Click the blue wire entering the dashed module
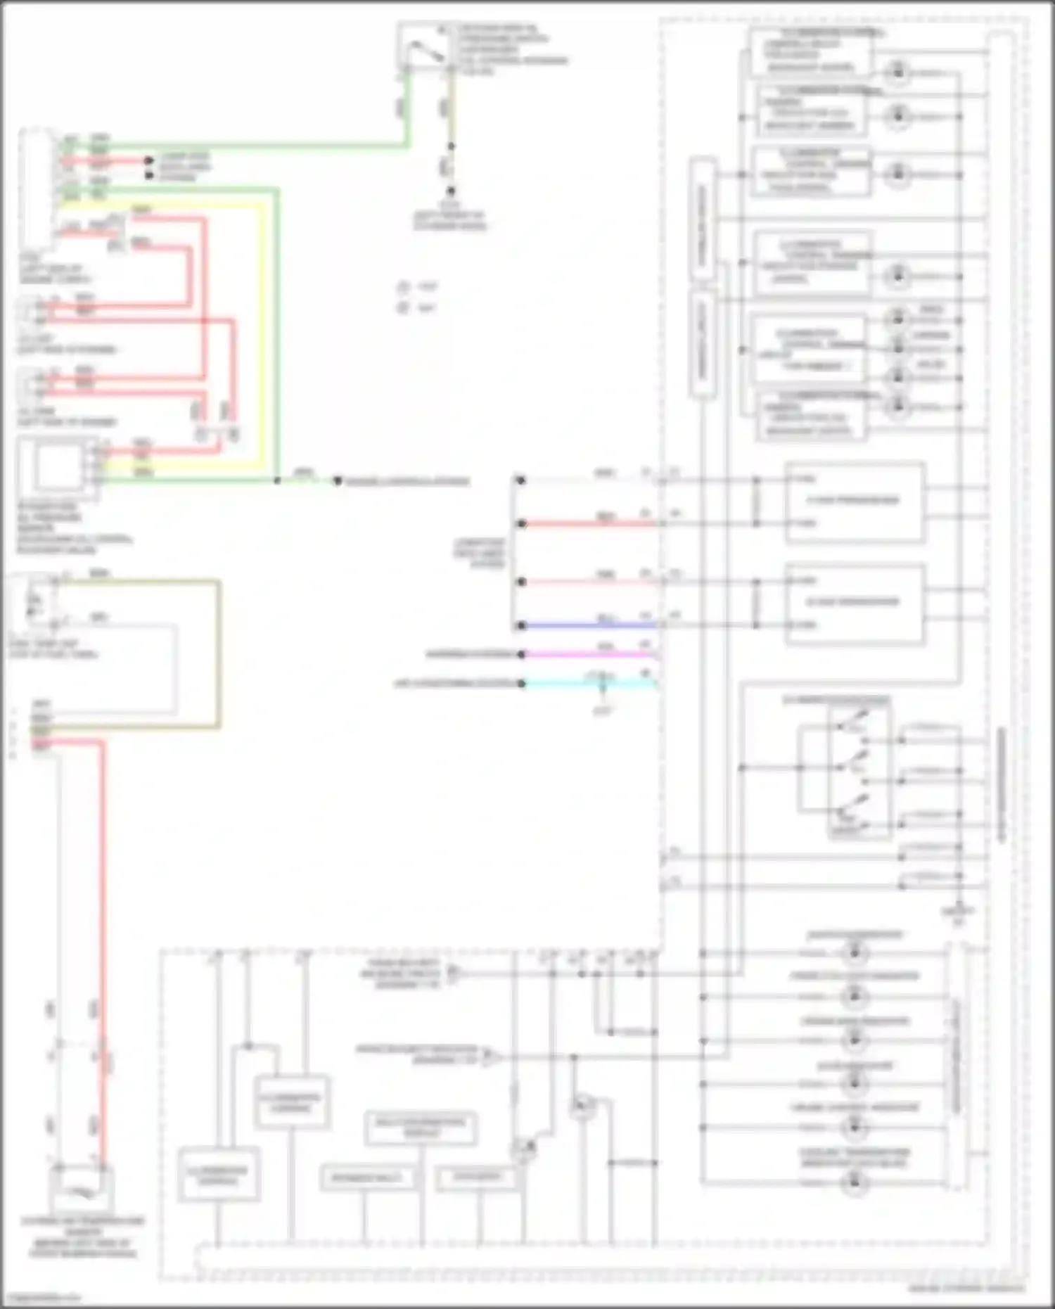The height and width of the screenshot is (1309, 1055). (x=591, y=625)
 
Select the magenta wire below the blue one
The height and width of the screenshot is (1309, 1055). (x=591, y=654)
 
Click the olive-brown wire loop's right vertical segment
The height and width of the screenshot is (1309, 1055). (x=219, y=654)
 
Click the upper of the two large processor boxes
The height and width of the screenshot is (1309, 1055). (x=854, y=502)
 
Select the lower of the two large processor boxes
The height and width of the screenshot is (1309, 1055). (x=854, y=603)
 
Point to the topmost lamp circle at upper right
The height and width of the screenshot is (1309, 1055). (x=897, y=72)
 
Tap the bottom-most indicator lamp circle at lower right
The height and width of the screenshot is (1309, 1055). (x=855, y=1182)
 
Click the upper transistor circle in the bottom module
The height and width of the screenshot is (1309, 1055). (x=582, y=1108)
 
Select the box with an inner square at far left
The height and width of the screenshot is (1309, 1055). (x=58, y=466)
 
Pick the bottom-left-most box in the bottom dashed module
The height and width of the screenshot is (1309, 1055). (x=219, y=1175)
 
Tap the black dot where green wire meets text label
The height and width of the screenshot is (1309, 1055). (x=338, y=481)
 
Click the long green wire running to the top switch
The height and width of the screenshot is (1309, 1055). (x=239, y=146)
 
